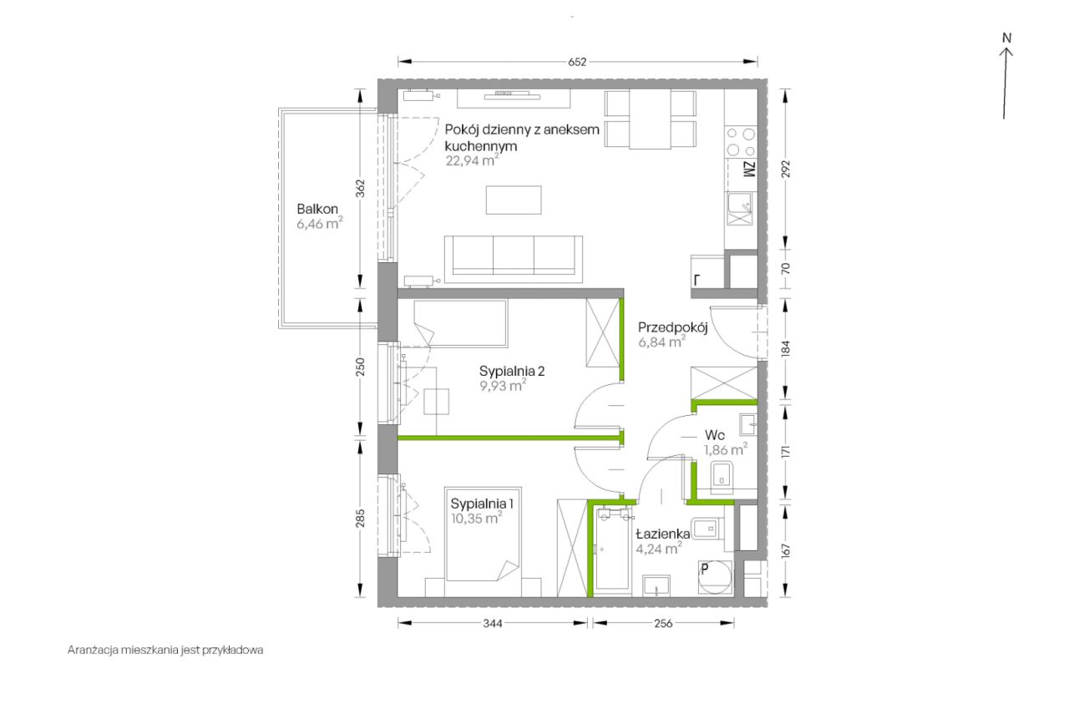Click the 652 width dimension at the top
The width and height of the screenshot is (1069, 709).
[x=577, y=62]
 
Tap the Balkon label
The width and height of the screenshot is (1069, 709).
[x=317, y=209]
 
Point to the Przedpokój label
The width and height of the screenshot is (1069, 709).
[x=672, y=328]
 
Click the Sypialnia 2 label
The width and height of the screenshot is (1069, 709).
[x=512, y=371]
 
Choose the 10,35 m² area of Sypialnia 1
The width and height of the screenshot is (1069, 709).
[x=476, y=518]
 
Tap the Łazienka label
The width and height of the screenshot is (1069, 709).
[x=663, y=534]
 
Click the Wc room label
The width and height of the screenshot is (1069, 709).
[x=714, y=435]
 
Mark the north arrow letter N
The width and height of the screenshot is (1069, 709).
[x=1007, y=38]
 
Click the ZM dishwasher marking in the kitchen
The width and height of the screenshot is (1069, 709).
[x=750, y=170]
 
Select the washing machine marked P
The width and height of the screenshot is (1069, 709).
[x=714, y=576]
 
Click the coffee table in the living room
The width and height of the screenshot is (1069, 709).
[x=514, y=200]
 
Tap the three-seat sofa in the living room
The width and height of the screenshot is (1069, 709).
[x=514, y=259]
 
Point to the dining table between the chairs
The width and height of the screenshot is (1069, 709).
[x=650, y=119]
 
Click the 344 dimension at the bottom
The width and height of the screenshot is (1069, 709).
[x=493, y=624]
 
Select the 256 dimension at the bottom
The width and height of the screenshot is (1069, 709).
[x=663, y=624]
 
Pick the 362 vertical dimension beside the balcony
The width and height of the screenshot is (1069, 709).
[x=361, y=189]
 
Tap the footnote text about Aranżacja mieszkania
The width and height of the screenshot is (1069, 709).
[x=165, y=651]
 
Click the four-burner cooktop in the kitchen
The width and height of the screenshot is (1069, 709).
[x=741, y=142]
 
